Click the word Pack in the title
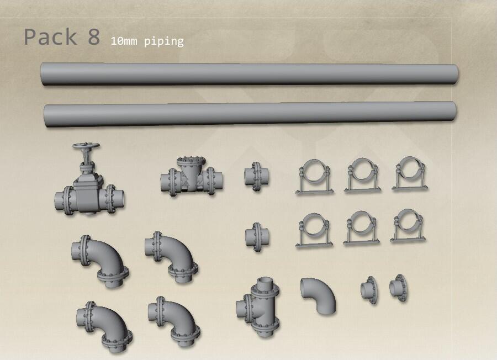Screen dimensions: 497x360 [x=50, y=37]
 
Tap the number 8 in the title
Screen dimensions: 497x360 [x=94, y=37]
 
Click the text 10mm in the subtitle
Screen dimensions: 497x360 [x=124, y=41]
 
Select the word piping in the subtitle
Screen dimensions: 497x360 [x=164, y=42]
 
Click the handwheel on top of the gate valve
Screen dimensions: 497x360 [x=86, y=146]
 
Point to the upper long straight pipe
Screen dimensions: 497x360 [x=250, y=75]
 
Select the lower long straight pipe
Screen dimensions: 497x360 [x=250, y=114]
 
